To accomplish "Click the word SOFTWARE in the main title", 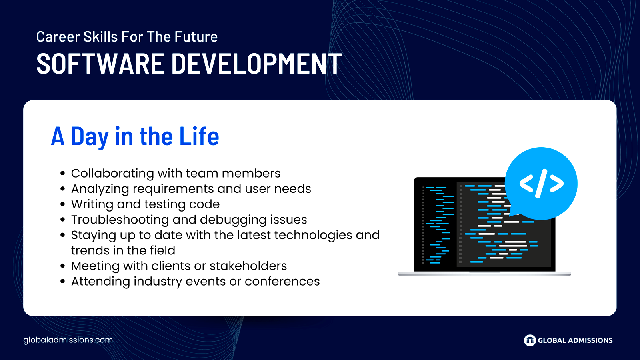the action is (x=100, y=64).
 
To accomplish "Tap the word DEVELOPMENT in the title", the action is (x=256, y=64).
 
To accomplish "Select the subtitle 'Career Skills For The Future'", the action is (x=127, y=36).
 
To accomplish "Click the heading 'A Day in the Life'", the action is (x=135, y=136).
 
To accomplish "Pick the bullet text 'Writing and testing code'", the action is (x=146, y=204).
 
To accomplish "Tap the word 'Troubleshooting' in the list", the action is (x=120, y=220).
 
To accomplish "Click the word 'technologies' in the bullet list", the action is (x=313, y=235).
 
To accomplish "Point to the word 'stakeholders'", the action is (x=248, y=266).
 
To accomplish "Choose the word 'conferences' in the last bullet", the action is (x=282, y=281).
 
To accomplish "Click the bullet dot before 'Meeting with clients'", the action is (x=63, y=266).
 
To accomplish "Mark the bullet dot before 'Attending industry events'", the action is (x=63, y=282).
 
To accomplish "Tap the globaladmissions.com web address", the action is (x=68, y=340).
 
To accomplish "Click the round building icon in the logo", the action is (x=530, y=340).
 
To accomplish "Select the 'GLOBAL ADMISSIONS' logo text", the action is (x=575, y=340).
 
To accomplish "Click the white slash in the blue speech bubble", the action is (x=541, y=184).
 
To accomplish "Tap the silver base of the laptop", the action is (x=484, y=274).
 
